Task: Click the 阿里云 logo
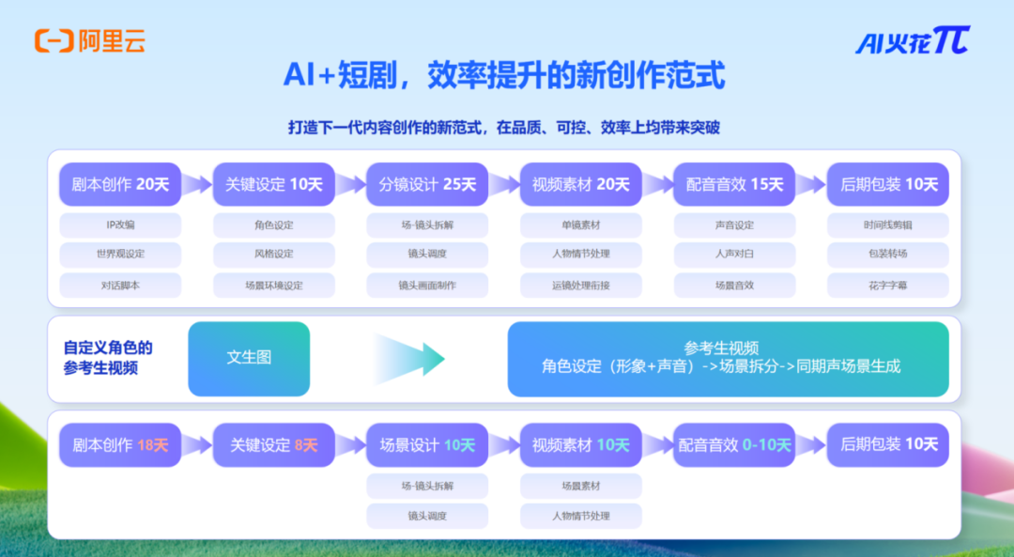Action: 89,40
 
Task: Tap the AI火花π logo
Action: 911,40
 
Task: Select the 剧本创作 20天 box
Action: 120,184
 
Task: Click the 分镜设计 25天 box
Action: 427,184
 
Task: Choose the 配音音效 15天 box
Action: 734,184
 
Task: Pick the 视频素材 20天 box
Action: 581,184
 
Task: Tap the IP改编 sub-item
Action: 120,225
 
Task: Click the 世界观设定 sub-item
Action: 120,255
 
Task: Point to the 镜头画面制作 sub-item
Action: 427,285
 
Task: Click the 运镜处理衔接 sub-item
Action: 581,285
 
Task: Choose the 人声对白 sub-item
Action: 734,255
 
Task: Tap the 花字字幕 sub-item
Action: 888,285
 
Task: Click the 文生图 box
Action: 249,358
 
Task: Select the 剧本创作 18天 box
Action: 120,445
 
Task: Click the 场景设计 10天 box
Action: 427,445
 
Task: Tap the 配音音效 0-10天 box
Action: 734,445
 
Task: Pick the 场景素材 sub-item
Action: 581,486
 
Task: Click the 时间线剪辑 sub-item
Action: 888,225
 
